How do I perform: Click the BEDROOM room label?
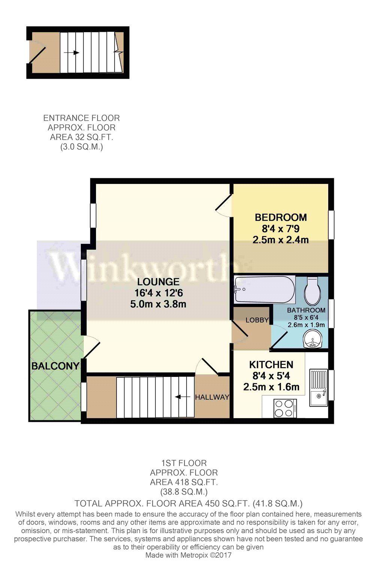pos(281,217)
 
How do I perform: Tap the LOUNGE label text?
pos(158,282)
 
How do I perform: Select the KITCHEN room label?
pos(271,365)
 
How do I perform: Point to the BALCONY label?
pos(55,366)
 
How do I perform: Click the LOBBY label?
pos(257,320)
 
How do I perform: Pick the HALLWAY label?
pos(212,397)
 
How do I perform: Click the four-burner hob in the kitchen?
pos(285,408)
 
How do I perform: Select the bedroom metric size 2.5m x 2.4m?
pos(281,240)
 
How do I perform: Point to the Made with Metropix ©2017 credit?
pos(188,555)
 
